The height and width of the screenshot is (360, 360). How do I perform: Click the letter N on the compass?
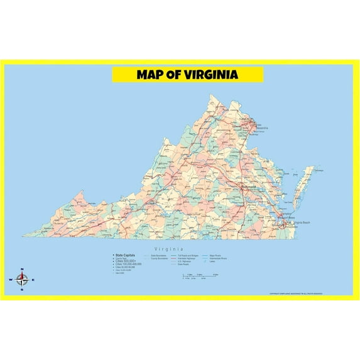[21, 269]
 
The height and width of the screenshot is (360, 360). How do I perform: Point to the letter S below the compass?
[21, 290]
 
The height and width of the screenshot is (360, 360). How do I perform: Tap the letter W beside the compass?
[11, 280]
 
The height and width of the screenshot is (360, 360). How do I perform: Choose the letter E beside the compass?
[33, 280]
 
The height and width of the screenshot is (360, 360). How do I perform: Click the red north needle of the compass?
[21, 276]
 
